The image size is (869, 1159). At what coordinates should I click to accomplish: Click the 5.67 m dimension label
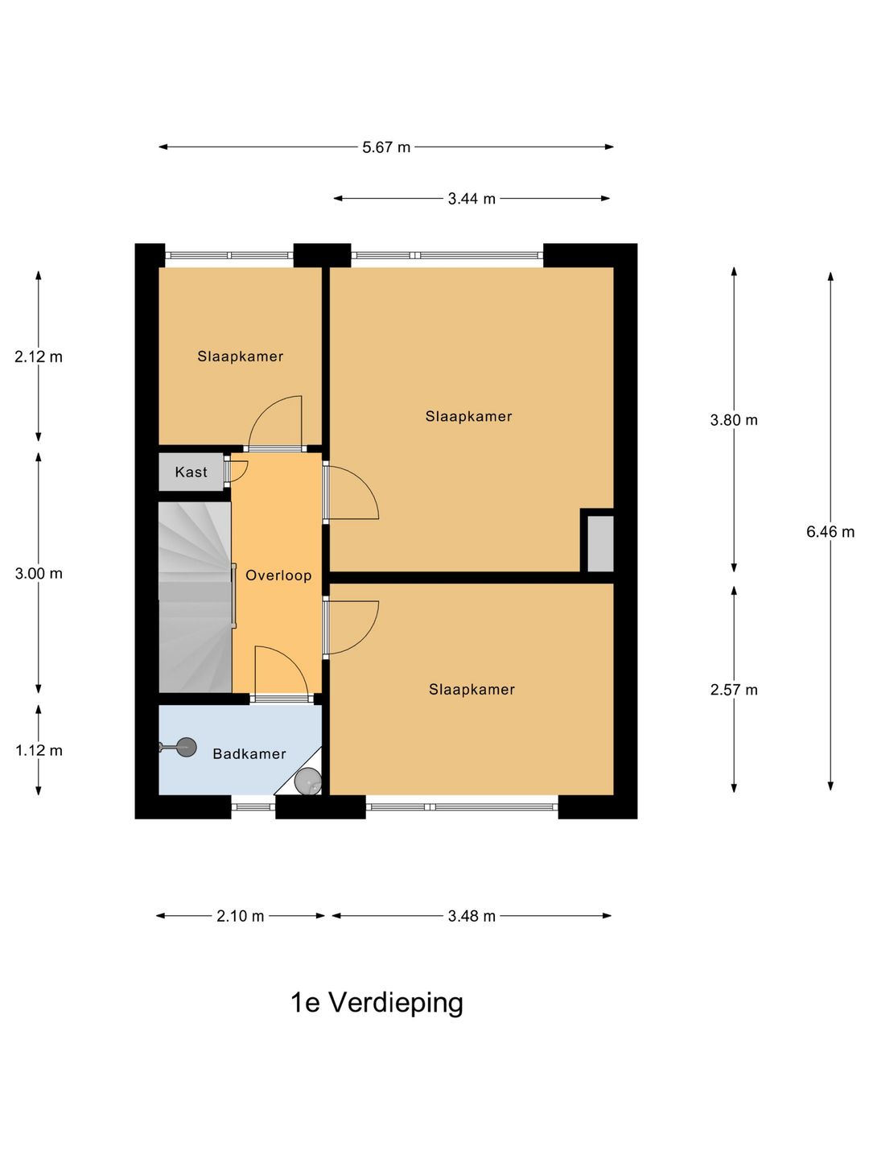pyautogui.click(x=386, y=147)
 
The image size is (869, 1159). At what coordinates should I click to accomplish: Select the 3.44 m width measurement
pyautogui.click(x=472, y=199)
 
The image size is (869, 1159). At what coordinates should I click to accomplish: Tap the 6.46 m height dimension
pyautogui.click(x=830, y=532)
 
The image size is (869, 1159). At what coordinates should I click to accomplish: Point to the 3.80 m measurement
pyautogui.click(x=733, y=420)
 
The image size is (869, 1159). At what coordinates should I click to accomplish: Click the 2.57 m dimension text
pyautogui.click(x=733, y=690)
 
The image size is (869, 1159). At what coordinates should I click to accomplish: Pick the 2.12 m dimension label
pyautogui.click(x=38, y=357)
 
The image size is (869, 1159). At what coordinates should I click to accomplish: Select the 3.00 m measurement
pyautogui.click(x=38, y=574)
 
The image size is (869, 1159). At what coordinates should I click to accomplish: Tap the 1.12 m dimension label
pyautogui.click(x=38, y=751)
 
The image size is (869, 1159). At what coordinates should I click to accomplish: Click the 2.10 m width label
pyautogui.click(x=240, y=916)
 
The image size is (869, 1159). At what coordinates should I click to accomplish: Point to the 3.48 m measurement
pyautogui.click(x=472, y=916)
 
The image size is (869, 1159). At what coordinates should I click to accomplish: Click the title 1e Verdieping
pyautogui.click(x=377, y=1003)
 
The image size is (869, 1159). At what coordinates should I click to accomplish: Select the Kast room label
pyautogui.click(x=191, y=472)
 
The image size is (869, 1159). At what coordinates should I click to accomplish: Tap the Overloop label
pyautogui.click(x=278, y=575)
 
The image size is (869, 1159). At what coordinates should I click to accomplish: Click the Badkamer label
pyautogui.click(x=249, y=754)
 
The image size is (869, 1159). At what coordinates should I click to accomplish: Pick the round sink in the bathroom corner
pyautogui.click(x=307, y=781)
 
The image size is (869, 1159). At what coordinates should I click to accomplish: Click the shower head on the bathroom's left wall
pyautogui.click(x=185, y=747)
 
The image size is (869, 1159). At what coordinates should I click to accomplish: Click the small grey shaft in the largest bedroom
pyautogui.click(x=599, y=544)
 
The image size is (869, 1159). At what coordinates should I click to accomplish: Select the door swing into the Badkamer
pyautogui.click(x=278, y=672)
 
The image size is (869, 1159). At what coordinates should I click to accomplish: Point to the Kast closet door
pyautogui.click(x=237, y=470)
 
